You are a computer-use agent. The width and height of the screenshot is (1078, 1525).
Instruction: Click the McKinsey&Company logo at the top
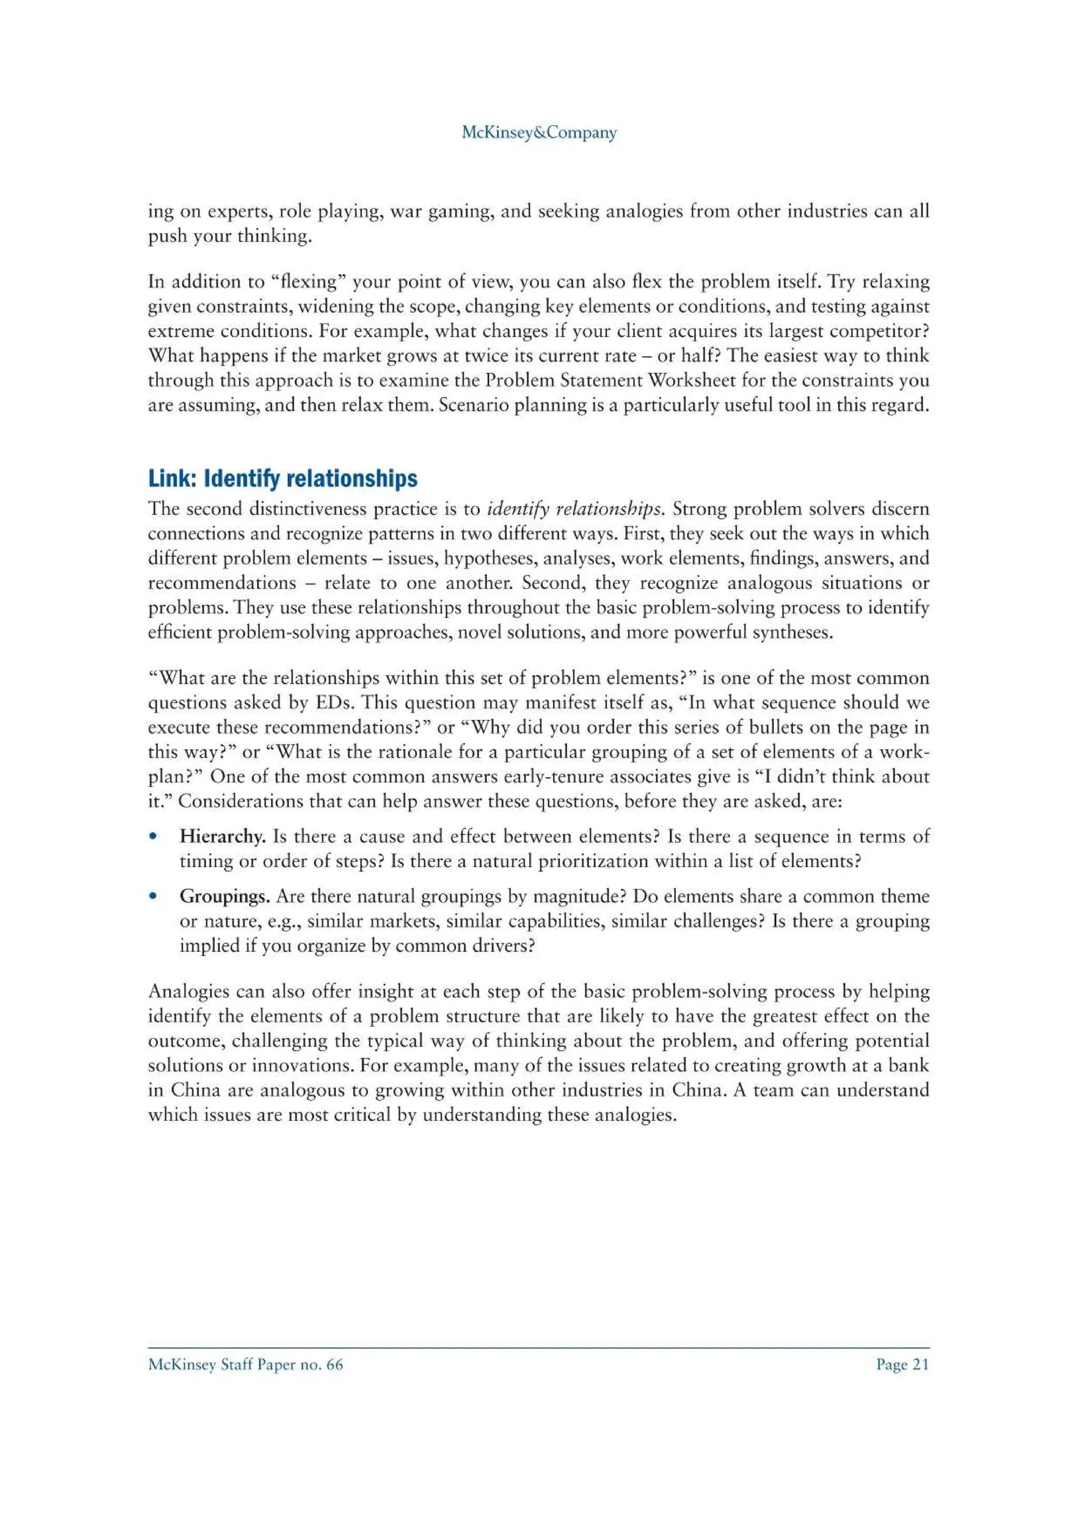click(538, 133)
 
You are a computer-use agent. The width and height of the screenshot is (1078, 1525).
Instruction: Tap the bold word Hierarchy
click(222, 836)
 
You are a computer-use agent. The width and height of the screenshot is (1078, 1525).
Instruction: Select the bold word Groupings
click(224, 896)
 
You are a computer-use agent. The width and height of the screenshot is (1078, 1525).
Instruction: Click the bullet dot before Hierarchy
click(153, 836)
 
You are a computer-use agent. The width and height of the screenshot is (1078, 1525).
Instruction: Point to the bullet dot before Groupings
click(153, 896)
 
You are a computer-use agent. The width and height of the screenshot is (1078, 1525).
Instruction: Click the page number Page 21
click(902, 1365)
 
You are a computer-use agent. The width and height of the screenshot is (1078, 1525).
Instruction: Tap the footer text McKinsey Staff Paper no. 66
click(245, 1365)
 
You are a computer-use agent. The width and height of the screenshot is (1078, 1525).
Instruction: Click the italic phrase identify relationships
click(575, 509)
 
